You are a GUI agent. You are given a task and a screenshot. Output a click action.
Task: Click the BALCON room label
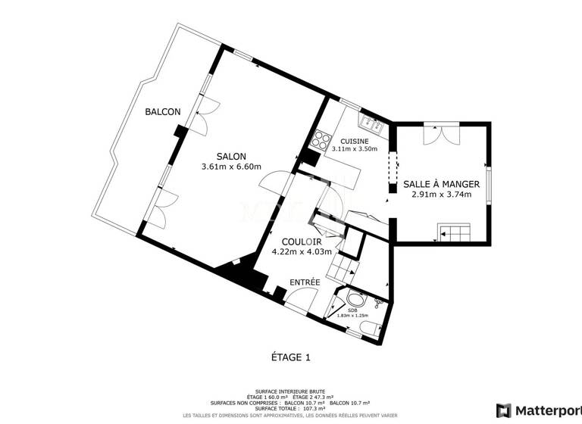(x=163, y=112)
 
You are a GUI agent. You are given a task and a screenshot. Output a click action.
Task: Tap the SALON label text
(x=231, y=155)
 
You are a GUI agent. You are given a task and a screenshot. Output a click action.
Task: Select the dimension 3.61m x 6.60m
(x=231, y=167)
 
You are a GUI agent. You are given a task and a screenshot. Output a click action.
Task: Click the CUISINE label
(x=354, y=141)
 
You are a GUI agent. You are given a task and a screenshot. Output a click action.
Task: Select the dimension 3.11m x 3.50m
(x=354, y=150)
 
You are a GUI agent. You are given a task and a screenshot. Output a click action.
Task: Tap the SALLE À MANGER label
(x=441, y=184)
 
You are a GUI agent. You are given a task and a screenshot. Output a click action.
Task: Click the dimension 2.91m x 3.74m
(x=441, y=195)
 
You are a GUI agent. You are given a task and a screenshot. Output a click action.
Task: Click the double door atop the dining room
(x=441, y=133)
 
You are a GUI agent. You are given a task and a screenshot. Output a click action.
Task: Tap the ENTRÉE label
(x=305, y=282)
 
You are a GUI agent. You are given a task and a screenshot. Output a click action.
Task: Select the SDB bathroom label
(x=352, y=310)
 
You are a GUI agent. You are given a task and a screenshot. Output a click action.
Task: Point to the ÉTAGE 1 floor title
(x=291, y=357)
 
